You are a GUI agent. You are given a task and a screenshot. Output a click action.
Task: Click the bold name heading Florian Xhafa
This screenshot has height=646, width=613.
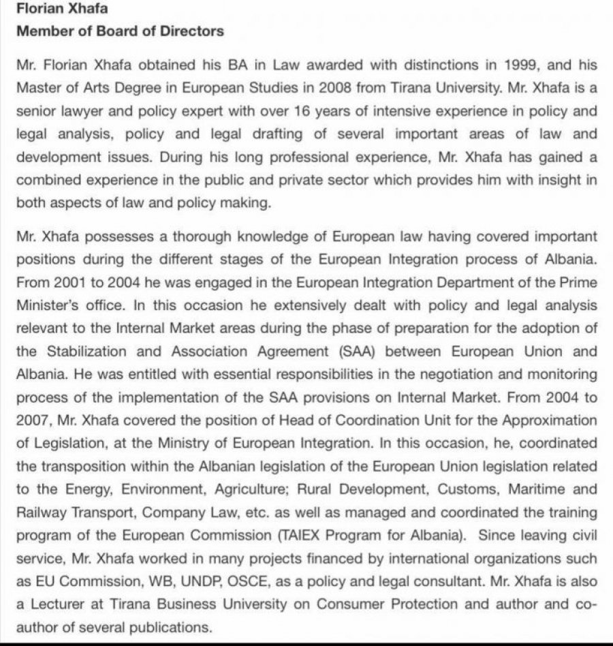coord(59,11)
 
